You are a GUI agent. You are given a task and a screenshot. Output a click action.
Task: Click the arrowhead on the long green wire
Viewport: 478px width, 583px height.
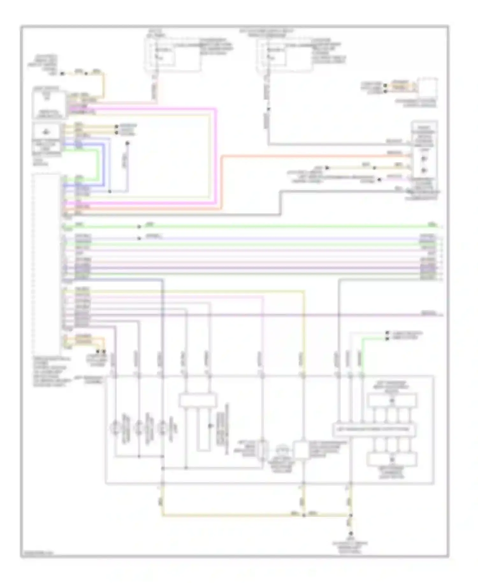tap(139, 227)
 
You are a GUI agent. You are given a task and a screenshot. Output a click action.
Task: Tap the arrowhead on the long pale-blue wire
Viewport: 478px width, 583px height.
tap(139, 238)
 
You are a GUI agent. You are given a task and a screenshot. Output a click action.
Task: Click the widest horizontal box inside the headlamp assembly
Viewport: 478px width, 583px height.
tap(374, 430)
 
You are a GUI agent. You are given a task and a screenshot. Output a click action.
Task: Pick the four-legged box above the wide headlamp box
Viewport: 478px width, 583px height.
tap(392, 401)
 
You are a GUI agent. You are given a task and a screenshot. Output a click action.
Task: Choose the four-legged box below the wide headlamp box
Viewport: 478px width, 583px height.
tap(392, 459)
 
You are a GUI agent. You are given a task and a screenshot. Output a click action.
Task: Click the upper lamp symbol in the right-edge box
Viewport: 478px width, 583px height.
tap(424, 159)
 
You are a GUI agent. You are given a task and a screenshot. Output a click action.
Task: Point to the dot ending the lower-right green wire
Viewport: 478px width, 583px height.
tap(387, 338)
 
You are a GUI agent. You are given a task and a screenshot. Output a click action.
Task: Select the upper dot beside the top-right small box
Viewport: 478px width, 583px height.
tap(385, 85)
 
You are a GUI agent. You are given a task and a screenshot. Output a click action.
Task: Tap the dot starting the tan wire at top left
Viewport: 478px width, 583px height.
tap(62, 74)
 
